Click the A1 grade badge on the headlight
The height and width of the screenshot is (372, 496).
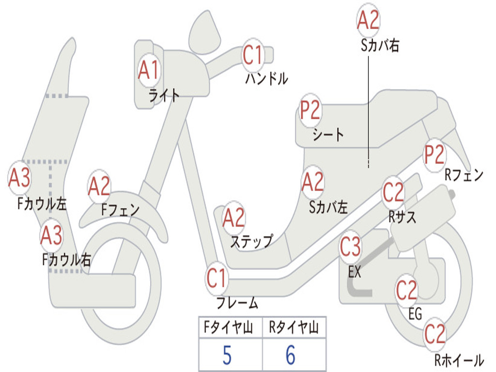[148, 70]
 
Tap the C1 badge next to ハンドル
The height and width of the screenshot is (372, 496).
[252, 55]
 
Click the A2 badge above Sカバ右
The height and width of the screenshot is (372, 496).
[368, 20]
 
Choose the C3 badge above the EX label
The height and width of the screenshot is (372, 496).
[350, 248]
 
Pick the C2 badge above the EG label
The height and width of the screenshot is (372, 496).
[407, 290]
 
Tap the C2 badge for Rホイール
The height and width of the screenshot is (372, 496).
[434, 334]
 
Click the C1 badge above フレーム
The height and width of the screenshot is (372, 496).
[217, 279]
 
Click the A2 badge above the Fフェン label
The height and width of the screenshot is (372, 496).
[99, 186]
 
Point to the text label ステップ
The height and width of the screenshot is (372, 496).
[251, 241]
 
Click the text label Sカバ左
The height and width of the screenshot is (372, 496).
[328, 207]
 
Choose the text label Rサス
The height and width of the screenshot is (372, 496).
[402, 217]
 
